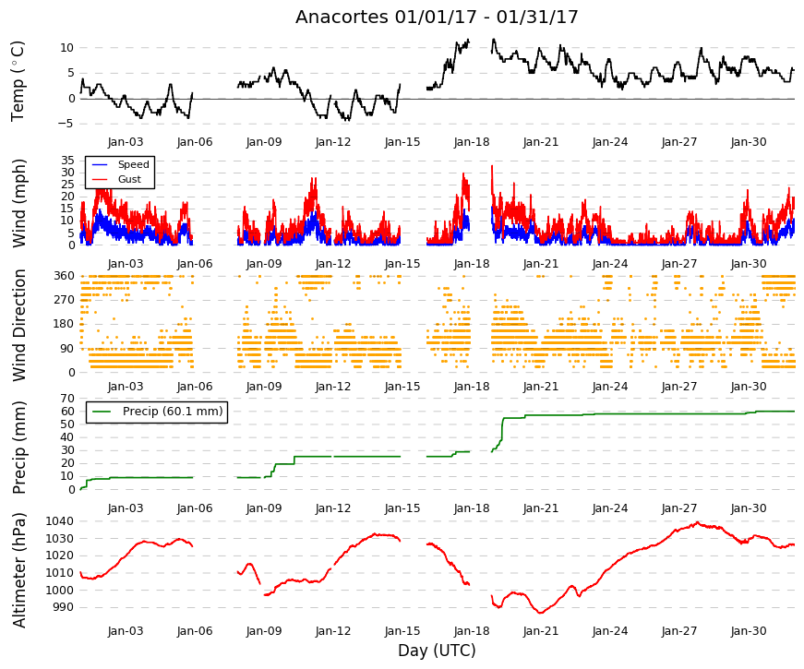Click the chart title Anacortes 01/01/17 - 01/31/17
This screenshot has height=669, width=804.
click(x=437, y=17)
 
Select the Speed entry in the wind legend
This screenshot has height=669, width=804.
click(x=133, y=164)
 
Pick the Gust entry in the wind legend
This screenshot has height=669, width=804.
click(x=129, y=179)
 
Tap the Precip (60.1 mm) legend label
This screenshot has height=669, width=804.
click(x=173, y=412)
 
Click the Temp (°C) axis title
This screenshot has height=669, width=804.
click(x=18, y=81)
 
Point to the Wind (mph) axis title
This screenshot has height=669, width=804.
click(x=18, y=203)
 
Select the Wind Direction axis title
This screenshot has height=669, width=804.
click(x=18, y=326)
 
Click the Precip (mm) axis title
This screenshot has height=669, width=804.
click(x=18, y=448)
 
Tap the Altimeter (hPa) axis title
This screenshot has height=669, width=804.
click(x=18, y=570)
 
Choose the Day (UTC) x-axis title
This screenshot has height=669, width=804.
click(x=437, y=651)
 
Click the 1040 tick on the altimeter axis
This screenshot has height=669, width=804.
click(x=59, y=521)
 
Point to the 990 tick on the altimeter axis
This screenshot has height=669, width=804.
click(x=63, y=607)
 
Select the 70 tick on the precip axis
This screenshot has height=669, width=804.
click(x=67, y=399)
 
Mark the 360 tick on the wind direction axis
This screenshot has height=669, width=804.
click(x=64, y=276)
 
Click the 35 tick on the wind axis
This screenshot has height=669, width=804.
click(x=67, y=160)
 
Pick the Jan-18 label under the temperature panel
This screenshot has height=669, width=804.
click(x=472, y=142)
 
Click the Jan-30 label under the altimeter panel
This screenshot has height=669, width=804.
click(x=749, y=630)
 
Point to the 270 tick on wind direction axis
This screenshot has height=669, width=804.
click(x=64, y=300)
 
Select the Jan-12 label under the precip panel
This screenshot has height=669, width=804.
click(x=333, y=508)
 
